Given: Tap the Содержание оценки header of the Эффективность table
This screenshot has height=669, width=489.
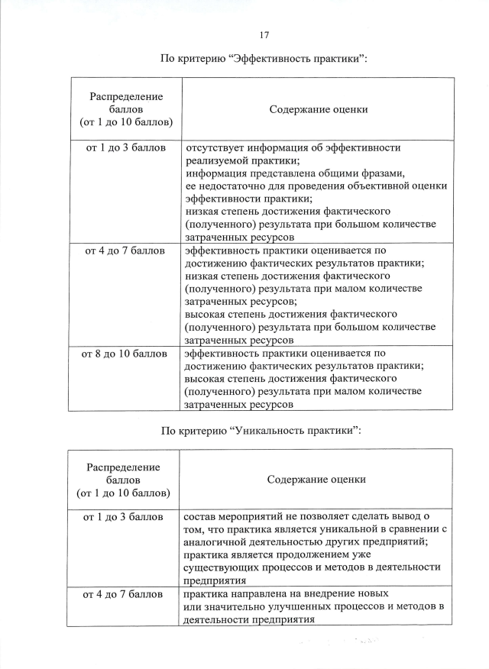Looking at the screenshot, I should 318,109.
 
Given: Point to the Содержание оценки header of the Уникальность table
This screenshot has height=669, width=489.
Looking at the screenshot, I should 316,480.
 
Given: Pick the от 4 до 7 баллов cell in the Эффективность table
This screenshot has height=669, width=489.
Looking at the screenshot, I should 125,250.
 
